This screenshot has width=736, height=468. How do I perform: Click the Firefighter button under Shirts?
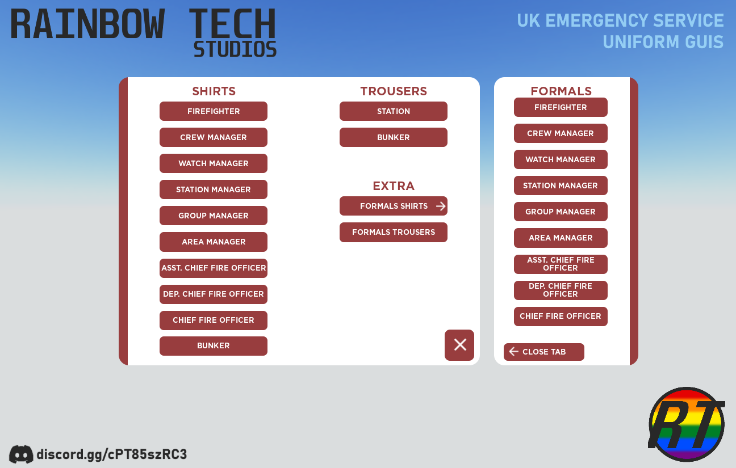coord(213,111)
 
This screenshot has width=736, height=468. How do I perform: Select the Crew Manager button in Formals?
coord(561,133)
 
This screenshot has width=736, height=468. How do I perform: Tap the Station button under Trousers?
coord(394,111)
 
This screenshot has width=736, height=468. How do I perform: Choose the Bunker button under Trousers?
coord(394,137)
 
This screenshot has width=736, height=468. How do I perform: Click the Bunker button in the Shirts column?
coord(213,346)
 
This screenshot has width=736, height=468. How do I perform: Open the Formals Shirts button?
coord(394,206)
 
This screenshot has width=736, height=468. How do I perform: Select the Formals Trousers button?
coord(394,233)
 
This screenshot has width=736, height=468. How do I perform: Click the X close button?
coord(459,345)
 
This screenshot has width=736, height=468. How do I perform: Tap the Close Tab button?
coord(544,352)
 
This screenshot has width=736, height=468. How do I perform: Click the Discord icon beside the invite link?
coord(21,454)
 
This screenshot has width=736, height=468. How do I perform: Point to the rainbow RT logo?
coord(687,425)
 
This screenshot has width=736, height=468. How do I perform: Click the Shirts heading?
coord(214,91)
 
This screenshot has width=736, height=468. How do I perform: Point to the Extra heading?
coord(394,186)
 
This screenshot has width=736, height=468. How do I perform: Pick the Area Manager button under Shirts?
coord(213,242)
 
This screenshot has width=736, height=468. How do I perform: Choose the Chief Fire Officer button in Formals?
coord(561,317)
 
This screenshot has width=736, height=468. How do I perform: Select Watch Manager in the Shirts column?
coord(213,163)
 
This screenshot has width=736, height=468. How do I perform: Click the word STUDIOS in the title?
coord(235,49)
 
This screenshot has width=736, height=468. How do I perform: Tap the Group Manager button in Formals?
coord(561,212)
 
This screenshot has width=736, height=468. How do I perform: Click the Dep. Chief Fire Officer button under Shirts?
coord(213,294)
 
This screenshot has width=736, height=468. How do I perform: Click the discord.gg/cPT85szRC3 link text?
coord(112,454)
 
